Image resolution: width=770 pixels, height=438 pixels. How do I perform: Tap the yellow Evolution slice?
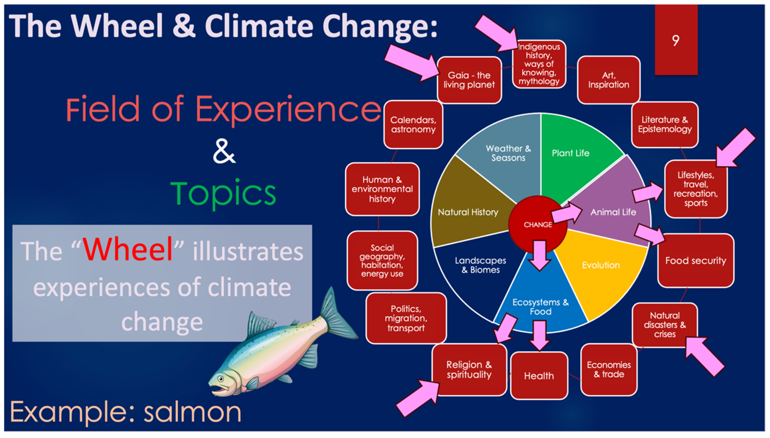tap(600, 271)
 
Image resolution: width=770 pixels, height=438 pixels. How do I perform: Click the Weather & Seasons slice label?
tap(508, 153)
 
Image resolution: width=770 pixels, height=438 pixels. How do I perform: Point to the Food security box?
tap(695, 261)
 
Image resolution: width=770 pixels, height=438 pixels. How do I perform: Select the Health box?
tap(539, 376)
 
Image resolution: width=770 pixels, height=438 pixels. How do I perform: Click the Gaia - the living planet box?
tap(469, 80)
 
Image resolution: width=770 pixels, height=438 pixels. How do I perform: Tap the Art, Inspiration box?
tap(608, 80)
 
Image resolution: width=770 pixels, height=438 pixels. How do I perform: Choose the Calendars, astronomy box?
tap(413, 125)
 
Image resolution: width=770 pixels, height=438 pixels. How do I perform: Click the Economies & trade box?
tap(609, 370)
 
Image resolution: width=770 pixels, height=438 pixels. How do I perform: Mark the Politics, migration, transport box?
tap(406, 318)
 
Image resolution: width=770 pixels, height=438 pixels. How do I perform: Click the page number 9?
tap(675, 40)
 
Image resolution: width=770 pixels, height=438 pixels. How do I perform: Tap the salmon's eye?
tap(221, 378)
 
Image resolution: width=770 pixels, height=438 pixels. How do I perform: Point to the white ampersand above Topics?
tap(224, 151)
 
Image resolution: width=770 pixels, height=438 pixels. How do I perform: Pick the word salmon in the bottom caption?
tap(193, 413)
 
